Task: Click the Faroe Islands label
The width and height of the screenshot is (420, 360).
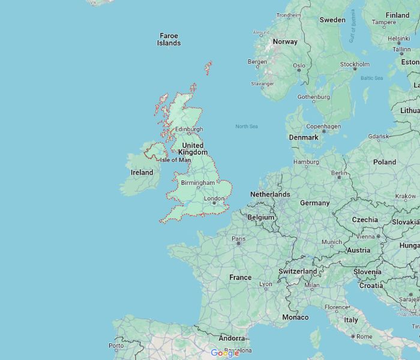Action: [x=169, y=40]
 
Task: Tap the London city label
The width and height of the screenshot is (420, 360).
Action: [x=214, y=199]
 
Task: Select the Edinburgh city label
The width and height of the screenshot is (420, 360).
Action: [x=188, y=129]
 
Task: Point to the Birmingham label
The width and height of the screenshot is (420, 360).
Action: [x=197, y=182]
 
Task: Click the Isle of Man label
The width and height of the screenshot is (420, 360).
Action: [x=175, y=160]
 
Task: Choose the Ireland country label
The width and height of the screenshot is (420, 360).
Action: [x=142, y=172]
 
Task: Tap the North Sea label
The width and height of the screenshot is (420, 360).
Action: [x=246, y=126]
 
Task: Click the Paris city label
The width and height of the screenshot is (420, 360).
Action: [x=239, y=239]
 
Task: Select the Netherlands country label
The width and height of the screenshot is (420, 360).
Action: [x=270, y=194]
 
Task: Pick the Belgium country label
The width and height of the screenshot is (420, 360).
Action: [x=261, y=217]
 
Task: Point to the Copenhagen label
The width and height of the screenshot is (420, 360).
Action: [x=323, y=127]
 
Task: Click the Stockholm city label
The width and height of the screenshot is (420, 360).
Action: [x=355, y=64]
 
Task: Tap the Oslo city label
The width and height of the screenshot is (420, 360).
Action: [x=299, y=66]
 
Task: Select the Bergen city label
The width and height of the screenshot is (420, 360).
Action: [x=257, y=62]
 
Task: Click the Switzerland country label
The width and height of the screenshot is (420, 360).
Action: [x=298, y=271]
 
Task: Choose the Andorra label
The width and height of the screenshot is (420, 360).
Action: [x=232, y=338]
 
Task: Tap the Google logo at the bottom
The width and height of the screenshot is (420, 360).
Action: [x=225, y=353]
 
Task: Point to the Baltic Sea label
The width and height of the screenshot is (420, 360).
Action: [x=371, y=78]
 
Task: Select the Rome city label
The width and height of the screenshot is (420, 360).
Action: [x=364, y=337]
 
